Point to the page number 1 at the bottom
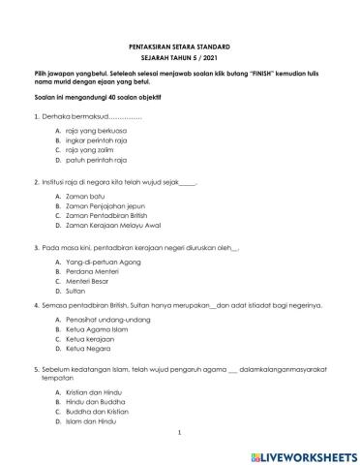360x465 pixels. click(x=180, y=434)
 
